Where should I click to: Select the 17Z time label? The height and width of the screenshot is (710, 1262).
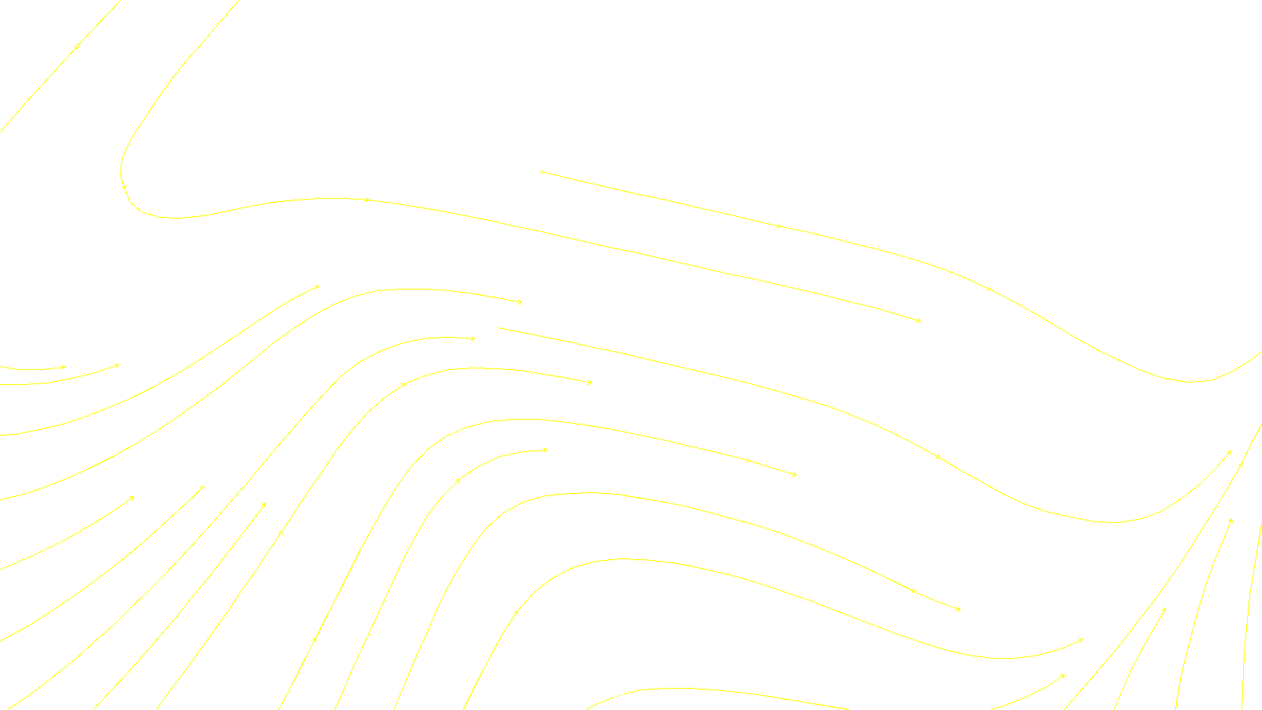tap(599, 697)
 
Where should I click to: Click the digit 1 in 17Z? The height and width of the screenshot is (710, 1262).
tap(592, 697)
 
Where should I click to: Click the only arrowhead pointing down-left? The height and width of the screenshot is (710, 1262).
tap(76, 48)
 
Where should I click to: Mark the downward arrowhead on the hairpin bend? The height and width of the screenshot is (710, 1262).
tap(124, 187)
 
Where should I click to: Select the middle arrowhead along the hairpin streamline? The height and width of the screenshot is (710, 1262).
tap(367, 200)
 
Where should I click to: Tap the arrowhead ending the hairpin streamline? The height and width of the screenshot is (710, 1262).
tap(919, 320)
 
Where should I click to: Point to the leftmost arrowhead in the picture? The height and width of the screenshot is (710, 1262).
tap(64, 367)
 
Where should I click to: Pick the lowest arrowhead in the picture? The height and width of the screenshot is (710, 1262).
tap(1062, 676)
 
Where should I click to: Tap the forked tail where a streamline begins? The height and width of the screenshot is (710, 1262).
tap(541, 171)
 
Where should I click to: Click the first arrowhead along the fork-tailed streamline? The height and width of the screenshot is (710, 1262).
tap(779, 226)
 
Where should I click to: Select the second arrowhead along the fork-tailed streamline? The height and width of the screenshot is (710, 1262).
tap(989, 289)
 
